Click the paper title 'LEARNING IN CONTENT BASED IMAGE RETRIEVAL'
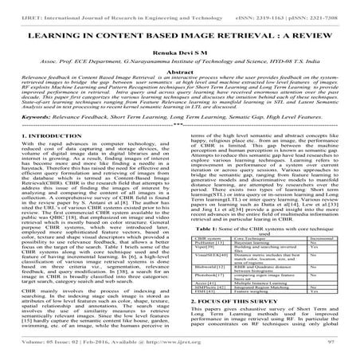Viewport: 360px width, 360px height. coord(179,37)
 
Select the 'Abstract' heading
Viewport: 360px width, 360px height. coord(179,82)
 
